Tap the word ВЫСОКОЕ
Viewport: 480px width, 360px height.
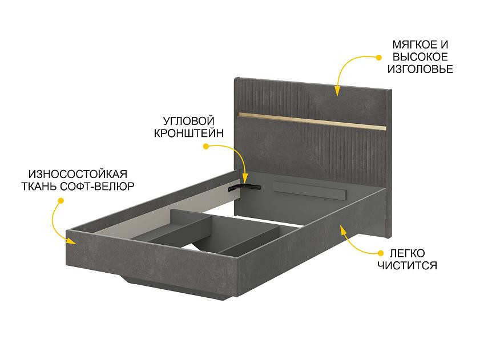coord(420,57)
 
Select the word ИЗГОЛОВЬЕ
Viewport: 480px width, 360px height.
coord(420,69)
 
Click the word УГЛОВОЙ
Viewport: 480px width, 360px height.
coord(188,121)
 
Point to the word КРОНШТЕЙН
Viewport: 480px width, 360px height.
coord(188,133)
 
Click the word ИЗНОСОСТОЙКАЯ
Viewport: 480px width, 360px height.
coord(78,174)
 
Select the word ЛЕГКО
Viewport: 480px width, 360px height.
coord(407,253)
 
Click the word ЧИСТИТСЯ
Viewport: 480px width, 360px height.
coord(407,265)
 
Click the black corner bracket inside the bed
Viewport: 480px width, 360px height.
coord(244,187)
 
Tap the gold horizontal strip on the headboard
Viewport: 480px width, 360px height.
coord(312,121)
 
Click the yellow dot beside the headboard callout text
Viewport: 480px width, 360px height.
coord(378,57)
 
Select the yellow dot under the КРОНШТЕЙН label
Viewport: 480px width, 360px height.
coord(206,147)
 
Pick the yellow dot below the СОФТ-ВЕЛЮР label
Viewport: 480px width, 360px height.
coord(61,201)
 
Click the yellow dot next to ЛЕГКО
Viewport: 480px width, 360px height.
coord(381,253)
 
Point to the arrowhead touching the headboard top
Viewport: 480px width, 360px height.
coord(337,91)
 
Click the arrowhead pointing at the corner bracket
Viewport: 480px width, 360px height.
coord(245,179)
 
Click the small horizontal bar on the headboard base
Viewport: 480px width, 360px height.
coord(310,191)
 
